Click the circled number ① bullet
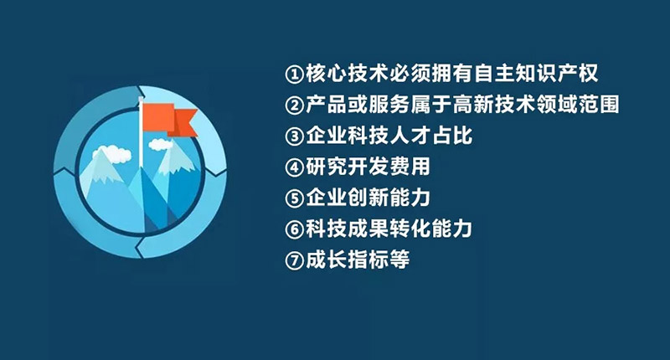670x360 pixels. point(294,74)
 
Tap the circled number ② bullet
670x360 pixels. point(294,105)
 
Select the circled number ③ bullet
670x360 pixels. point(294,136)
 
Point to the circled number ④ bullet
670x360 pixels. point(294,167)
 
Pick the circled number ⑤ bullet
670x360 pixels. point(294,198)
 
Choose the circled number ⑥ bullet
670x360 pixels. point(294,229)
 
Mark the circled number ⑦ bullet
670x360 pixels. point(294,260)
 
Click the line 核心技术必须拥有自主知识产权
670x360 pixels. point(451,74)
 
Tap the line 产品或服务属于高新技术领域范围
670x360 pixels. point(462,105)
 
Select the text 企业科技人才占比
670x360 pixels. point(389,136)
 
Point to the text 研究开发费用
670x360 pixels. point(368,167)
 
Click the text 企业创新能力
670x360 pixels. point(368,198)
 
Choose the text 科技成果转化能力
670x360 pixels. point(389,229)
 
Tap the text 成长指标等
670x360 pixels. point(358,260)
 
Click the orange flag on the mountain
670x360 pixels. point(170,120)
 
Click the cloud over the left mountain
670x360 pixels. point(112,153)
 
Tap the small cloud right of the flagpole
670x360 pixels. point(161,145)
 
